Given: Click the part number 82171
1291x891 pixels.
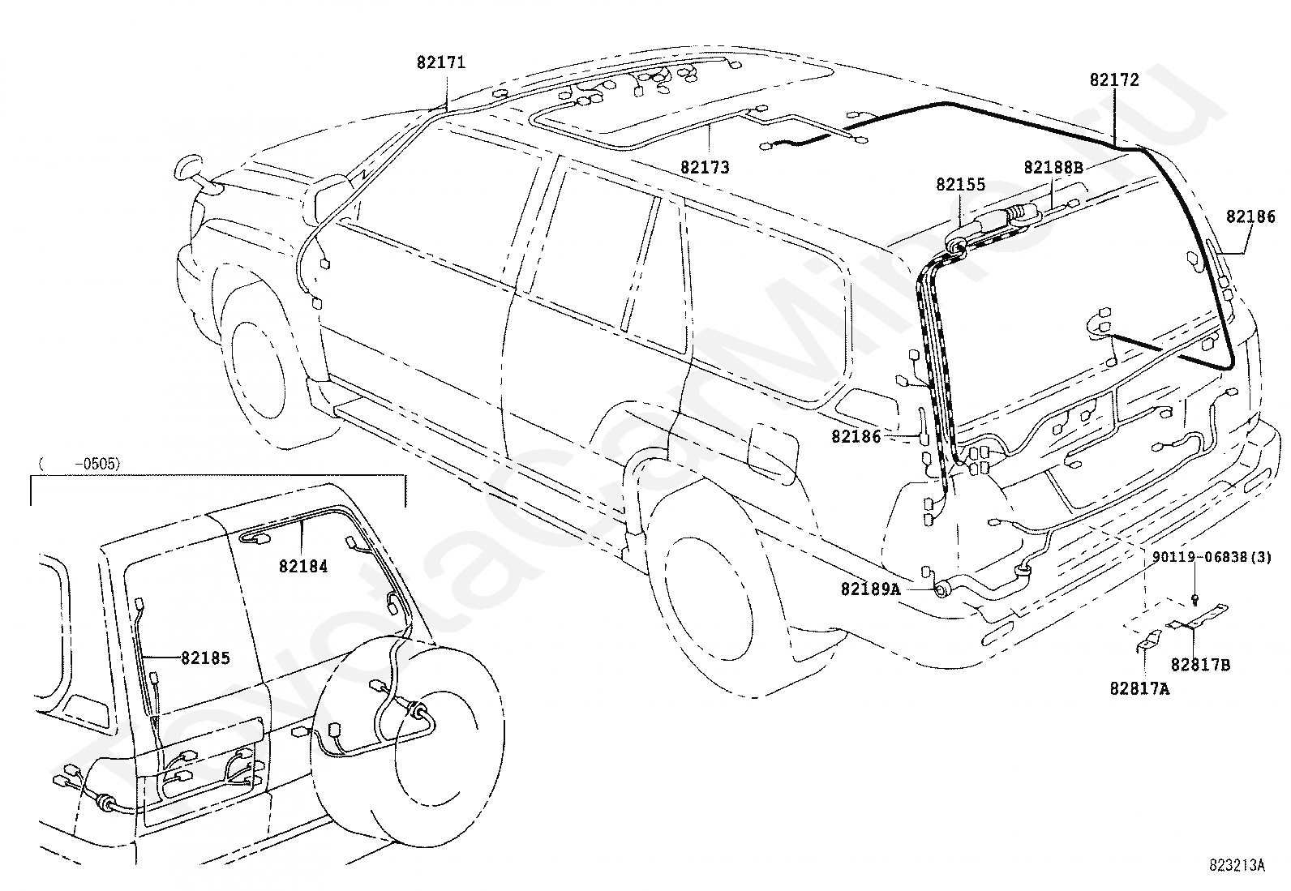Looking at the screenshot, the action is pos(441,62).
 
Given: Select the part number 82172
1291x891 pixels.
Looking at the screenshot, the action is pos(1114,80).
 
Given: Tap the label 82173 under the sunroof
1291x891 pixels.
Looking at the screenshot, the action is pos(705,168).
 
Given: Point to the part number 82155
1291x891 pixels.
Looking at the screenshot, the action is pos(961,185).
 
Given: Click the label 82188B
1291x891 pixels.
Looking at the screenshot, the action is pos(1053,168).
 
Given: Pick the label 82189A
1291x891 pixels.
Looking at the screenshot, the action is pos(870,589).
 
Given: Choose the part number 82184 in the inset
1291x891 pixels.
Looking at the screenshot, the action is pos(303,567).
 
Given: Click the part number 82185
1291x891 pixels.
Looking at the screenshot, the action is pos(205,658).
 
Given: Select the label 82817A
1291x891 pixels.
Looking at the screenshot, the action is pos(1140,688).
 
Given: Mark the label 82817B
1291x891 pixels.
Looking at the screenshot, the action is pos(1200,665).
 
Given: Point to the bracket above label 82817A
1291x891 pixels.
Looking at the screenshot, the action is pos(1147,640).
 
